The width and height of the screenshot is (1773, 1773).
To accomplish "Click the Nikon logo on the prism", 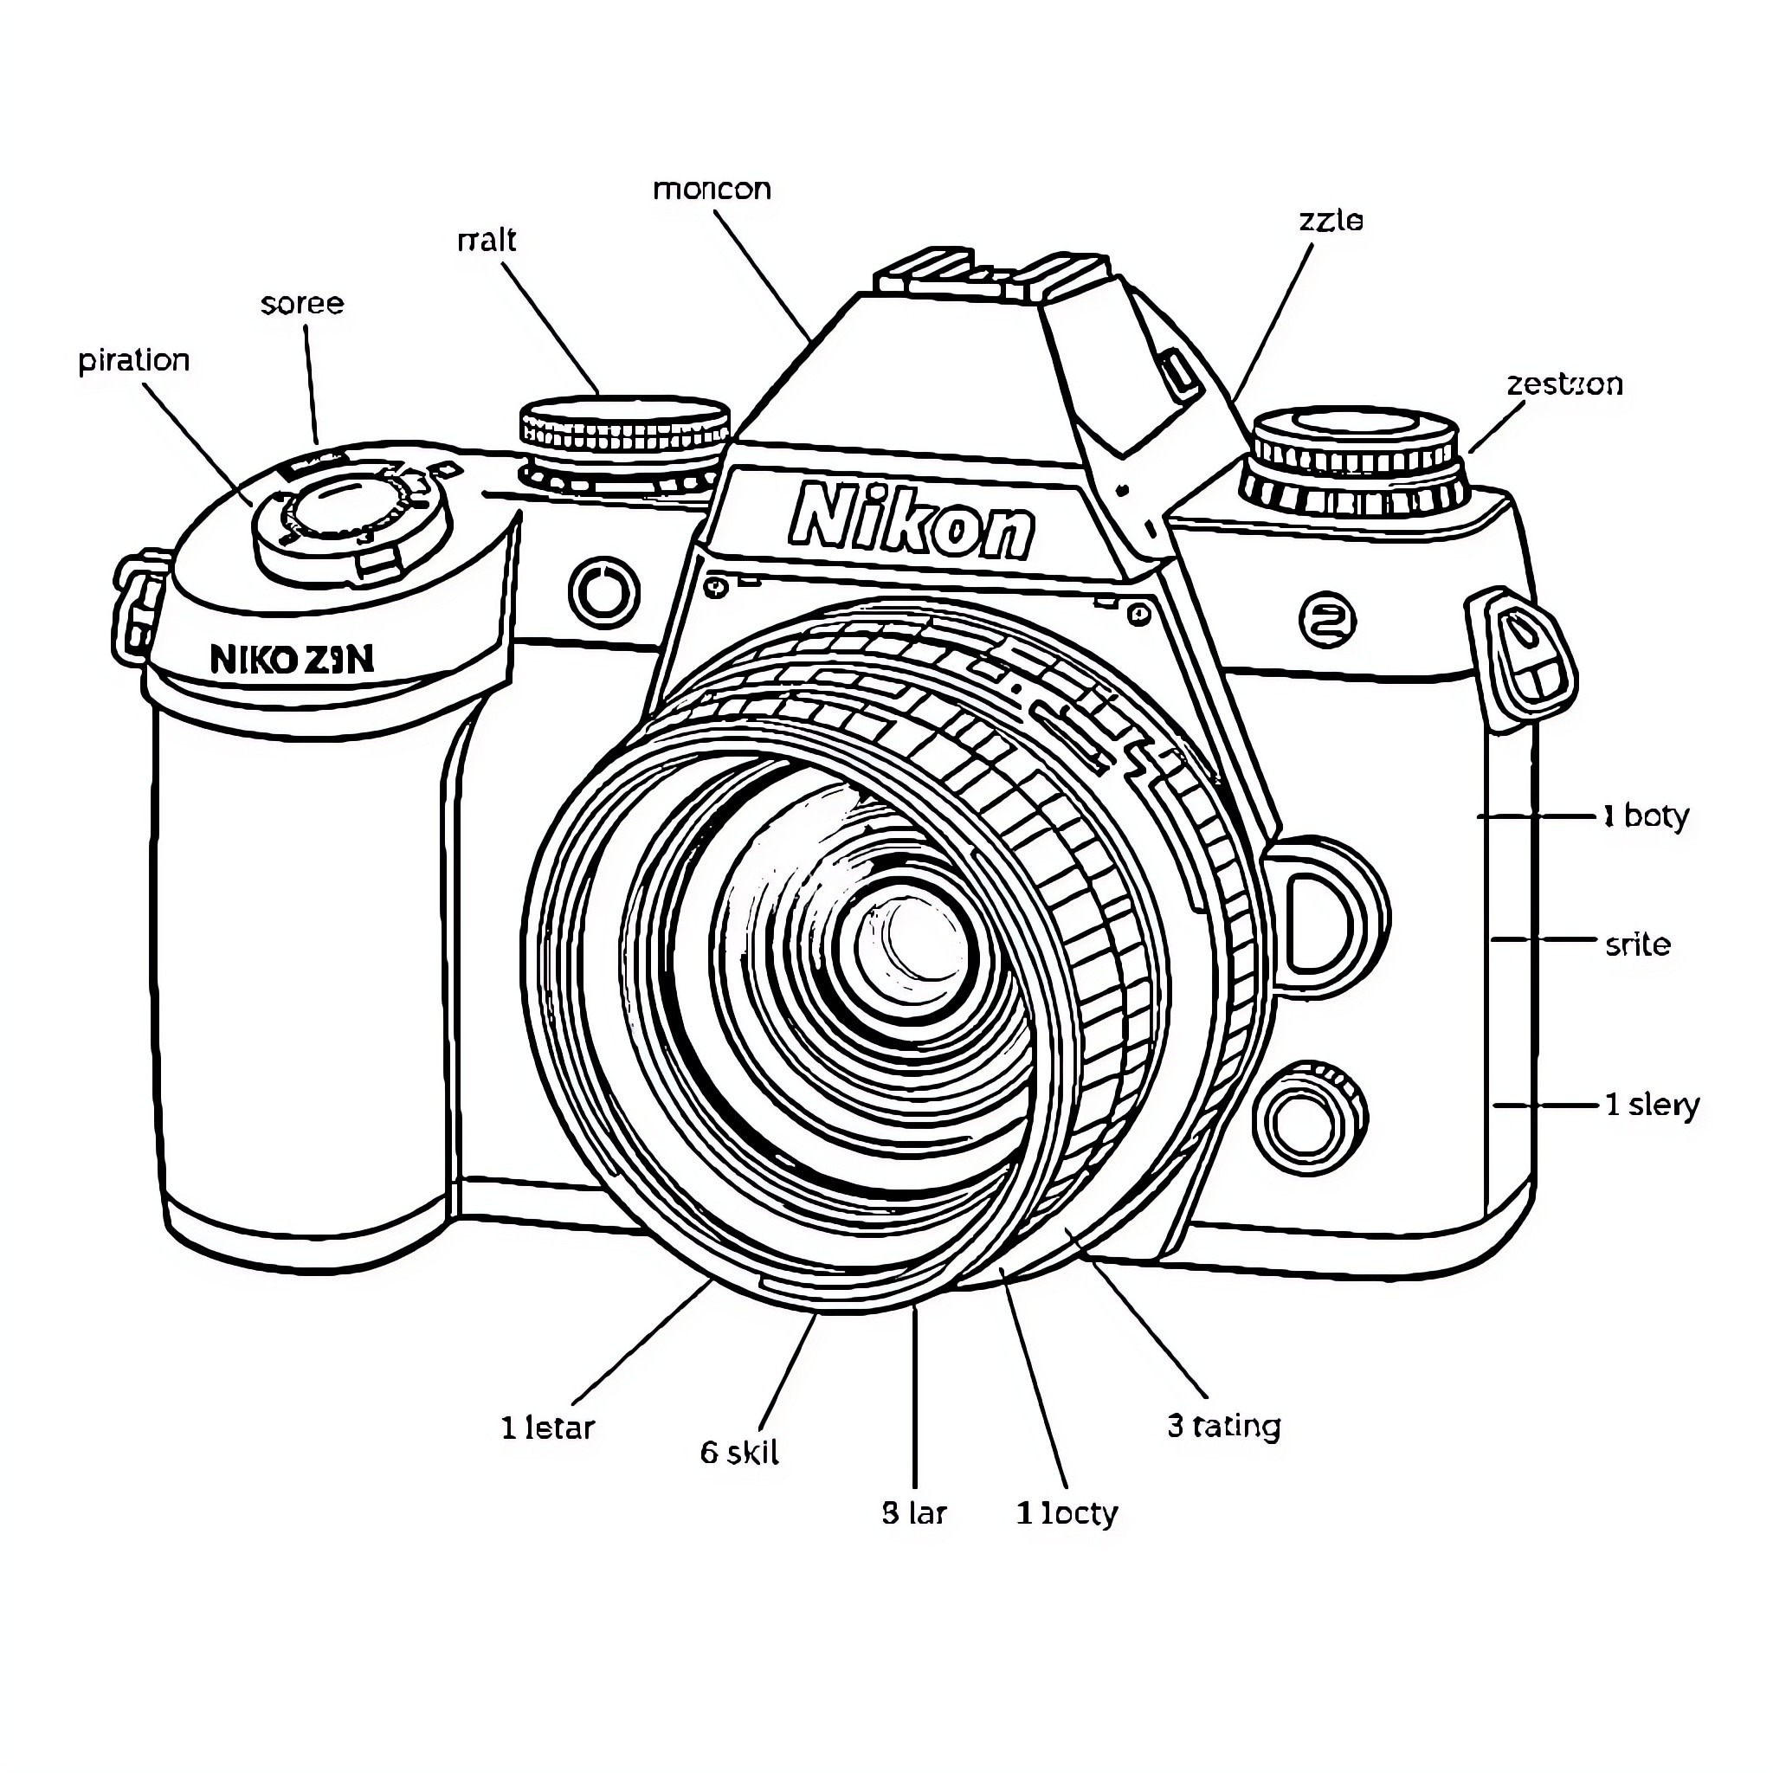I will click(x=912, y=523).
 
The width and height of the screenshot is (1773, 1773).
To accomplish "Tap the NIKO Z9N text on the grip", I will click(x=292, y=659).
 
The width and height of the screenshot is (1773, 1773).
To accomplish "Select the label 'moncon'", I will click(x=712, y=189).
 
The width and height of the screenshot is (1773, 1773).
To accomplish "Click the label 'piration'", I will click(x=134, y=360).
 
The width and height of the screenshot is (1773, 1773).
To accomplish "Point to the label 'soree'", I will click(x=302, y=303).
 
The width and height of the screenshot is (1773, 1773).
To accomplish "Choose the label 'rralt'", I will click(x=487, y=241).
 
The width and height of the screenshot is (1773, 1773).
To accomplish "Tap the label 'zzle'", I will click(x=1331, y=220).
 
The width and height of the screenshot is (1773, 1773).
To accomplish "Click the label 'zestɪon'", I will click(x=1563, y=384).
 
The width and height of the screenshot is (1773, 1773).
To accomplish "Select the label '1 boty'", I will click(x=1646, y=816).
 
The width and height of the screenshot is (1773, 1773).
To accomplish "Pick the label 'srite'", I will click(x=1637, y=945).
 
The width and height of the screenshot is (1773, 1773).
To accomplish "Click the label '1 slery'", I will click(x=1652, y=1104).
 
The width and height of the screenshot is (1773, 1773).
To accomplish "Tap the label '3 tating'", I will click(x=1223, y=1426).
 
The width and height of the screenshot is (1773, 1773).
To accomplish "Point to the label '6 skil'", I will click(x=738, y=1453).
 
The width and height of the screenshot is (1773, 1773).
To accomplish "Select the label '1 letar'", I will click(x=548, y=1428).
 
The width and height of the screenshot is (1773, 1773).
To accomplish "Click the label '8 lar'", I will click(x=914, y=1512).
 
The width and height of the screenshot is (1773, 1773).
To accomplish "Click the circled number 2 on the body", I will click(x=1328, y=621).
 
